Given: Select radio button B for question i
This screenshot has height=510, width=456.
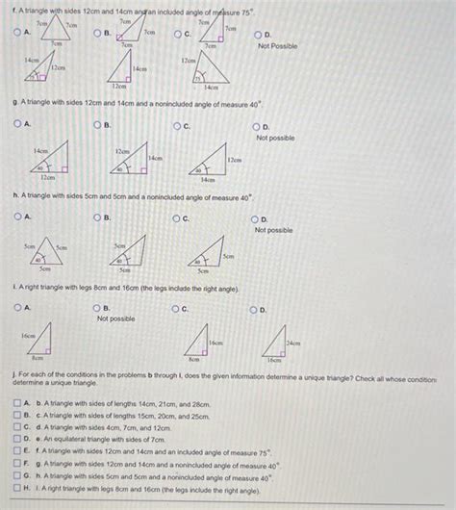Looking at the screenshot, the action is pyautogui.click(x=98, y=307).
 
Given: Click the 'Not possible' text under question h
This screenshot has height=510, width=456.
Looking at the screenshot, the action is pyautogui.click(x=274, y=230).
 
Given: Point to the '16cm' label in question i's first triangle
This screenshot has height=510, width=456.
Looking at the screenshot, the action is pyautogui.click(x=29, y=337).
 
